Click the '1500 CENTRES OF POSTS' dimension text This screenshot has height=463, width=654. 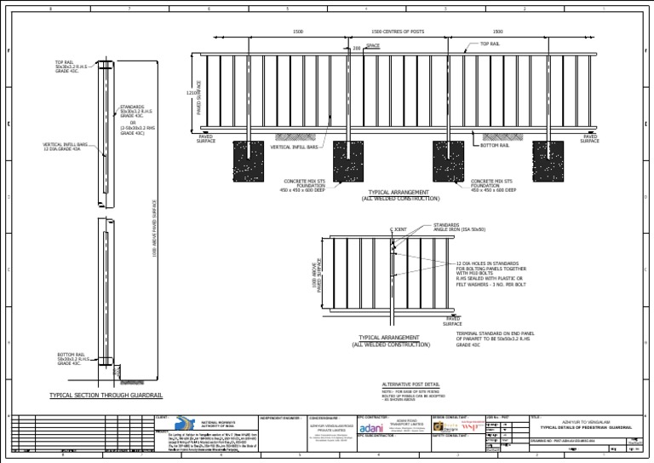(398, 32)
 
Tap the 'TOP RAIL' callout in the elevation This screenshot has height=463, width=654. (490, 43)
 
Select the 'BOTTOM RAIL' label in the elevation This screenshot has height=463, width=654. (495, 146)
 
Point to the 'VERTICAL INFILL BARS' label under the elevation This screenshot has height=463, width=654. (294, 147)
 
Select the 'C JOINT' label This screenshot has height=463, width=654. (398, 229)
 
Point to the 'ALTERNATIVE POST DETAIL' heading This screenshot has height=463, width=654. (410, 385)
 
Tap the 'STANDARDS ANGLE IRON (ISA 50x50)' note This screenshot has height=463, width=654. (459, 227)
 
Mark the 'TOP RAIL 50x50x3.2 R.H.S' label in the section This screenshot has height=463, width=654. (71, 66)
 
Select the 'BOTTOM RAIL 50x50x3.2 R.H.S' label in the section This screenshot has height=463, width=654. (75, 359)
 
